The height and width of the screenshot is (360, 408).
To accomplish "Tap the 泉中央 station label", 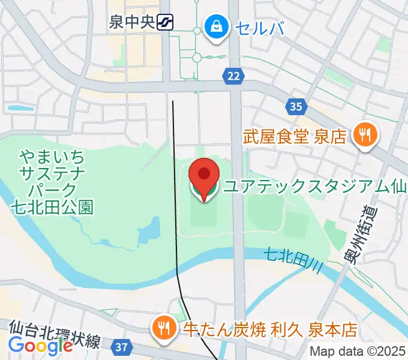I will [132, 23].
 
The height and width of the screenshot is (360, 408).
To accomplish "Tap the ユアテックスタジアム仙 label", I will [315, 187].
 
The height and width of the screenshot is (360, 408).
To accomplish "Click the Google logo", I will [40, 346].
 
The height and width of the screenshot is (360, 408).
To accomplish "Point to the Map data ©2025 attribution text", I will [358, 352].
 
